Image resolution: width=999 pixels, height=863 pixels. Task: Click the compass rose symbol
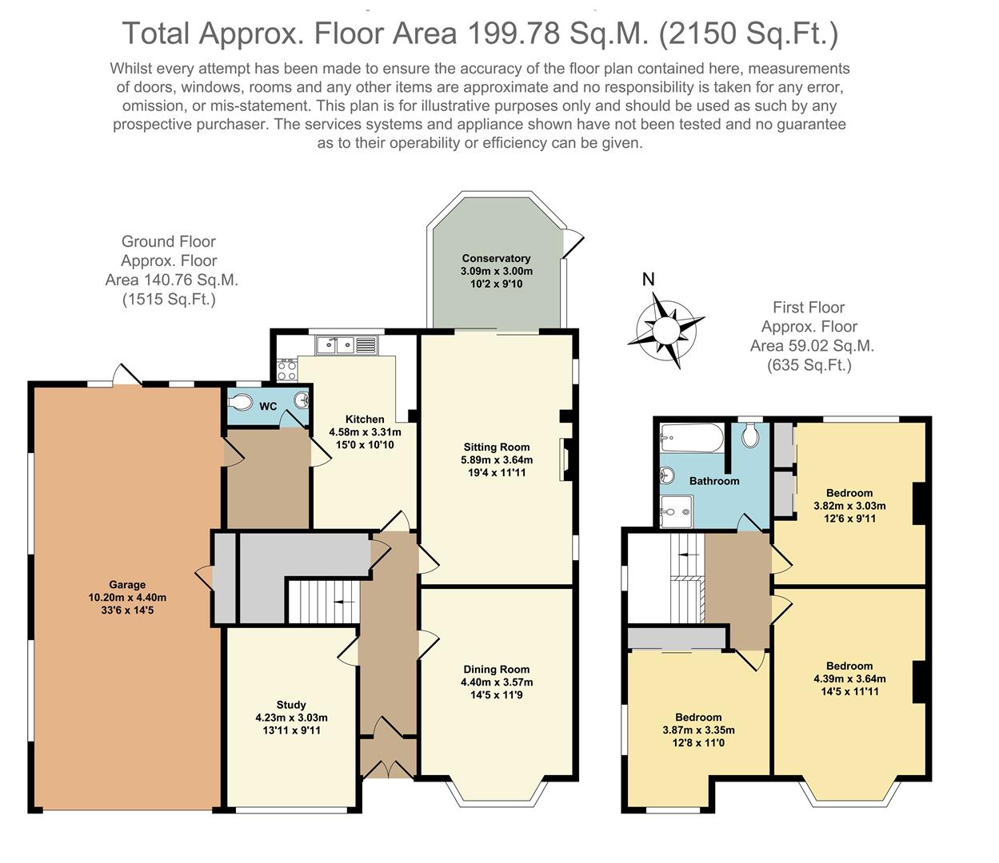point(666,331)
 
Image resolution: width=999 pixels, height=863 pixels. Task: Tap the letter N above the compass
point(648,279)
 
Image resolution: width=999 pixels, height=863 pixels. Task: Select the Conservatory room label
point(496,258)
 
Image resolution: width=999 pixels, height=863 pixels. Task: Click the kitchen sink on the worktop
point(346,345)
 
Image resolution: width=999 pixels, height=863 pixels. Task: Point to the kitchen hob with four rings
point(286,371)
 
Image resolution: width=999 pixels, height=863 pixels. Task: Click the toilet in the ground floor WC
point(240,402)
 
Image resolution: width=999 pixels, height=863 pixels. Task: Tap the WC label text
point(268,406)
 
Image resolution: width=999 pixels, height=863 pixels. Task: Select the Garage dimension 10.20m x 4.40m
point(127,598)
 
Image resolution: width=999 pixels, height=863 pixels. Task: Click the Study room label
point(291,705)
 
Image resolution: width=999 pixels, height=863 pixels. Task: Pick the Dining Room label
point(497,670)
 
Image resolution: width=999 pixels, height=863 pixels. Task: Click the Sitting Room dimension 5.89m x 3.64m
point(497,459)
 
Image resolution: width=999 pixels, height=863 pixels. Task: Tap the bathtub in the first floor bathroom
point(692,438)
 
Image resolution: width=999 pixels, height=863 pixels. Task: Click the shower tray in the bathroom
point(676,511)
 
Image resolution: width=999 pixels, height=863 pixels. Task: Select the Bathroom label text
point(713,481)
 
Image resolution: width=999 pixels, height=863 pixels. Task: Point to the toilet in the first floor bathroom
point(749,435)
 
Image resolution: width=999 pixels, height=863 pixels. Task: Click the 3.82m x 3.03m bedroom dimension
point(849,506)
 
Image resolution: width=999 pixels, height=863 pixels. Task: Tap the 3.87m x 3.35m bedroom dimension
point(698,730)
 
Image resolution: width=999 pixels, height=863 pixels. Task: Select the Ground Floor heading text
point(168,241)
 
